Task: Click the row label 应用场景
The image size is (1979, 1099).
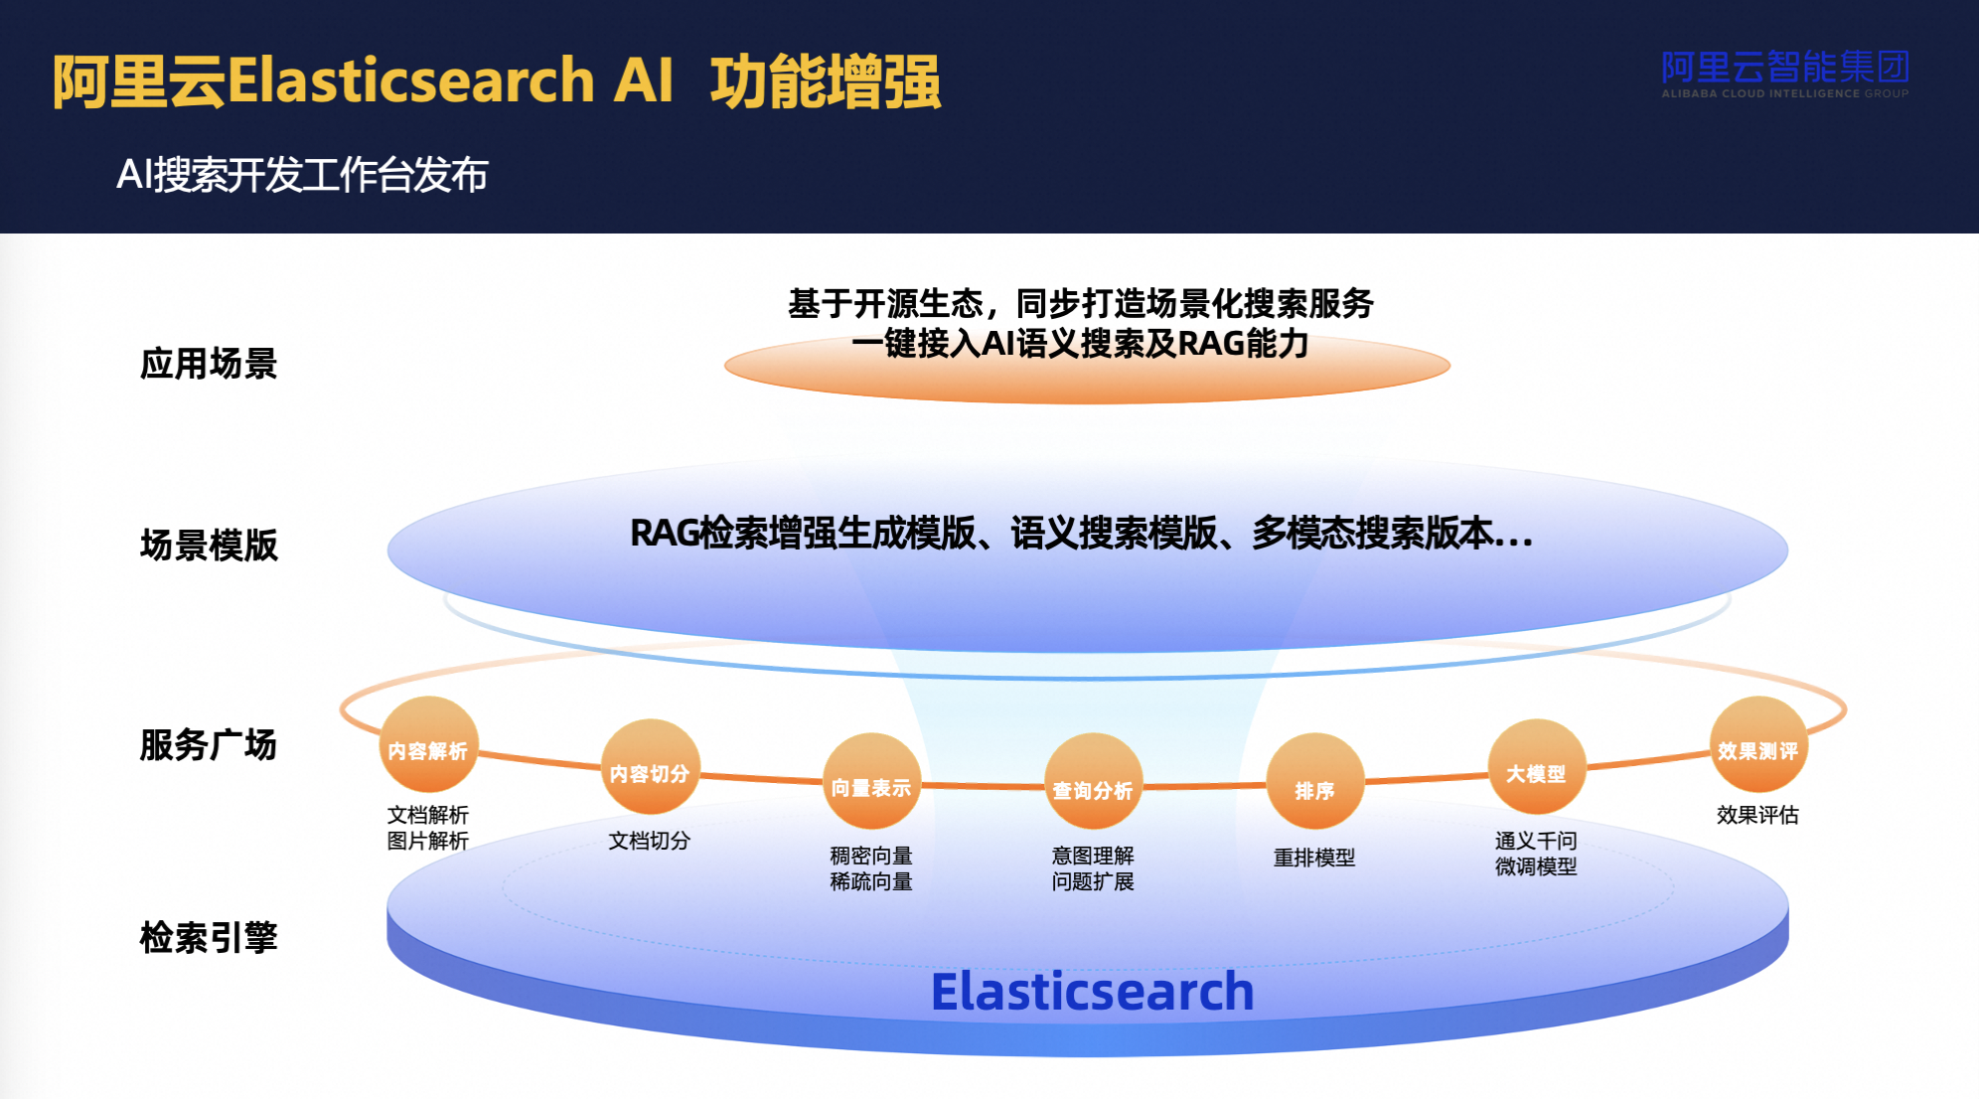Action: coord(209,364)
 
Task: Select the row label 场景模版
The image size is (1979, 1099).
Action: coord(209,546)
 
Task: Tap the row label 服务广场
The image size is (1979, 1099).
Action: coord(209,744)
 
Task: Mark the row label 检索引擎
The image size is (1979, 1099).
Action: coord(209,937)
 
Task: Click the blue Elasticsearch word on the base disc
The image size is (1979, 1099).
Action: coord(1092,992)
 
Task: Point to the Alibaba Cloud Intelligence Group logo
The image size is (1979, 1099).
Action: coord(1784,73)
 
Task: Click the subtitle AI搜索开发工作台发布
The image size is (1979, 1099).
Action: coord(302,175)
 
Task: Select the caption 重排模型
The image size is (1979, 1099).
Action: coord(1314,858)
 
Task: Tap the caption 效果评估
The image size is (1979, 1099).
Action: coord(1757,815)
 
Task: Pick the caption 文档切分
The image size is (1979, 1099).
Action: coord(650,841)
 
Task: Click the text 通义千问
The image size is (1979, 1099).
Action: coord(1536,841)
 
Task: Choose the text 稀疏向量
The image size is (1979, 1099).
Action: coord(871,881)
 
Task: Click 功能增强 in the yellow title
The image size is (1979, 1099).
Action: coord(825,81)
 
